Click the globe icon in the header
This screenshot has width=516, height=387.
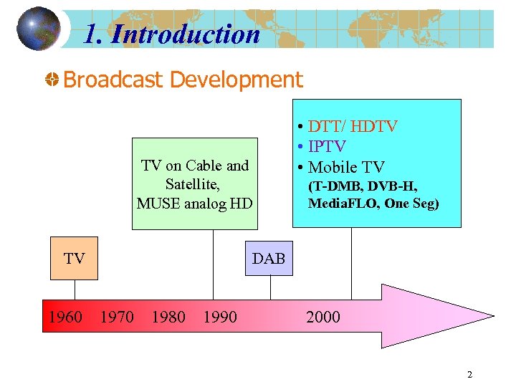coord(38,29)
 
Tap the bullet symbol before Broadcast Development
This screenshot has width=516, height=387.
coord(52,80)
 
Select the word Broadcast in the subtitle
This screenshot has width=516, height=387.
coord(113,80)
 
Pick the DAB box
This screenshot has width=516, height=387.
coord(269,259)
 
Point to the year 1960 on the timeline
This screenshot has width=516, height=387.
coord(64,317)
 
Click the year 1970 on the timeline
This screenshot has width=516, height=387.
coord(117,317)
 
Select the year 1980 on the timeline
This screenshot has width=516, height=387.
coord(168,317)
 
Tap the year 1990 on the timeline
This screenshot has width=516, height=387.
coord(220,317)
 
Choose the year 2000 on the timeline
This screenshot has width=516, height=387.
coord(323,317)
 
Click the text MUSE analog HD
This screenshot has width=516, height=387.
coord(194,203)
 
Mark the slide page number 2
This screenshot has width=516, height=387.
coord(469,374)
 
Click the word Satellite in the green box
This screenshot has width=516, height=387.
coord(191,184)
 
